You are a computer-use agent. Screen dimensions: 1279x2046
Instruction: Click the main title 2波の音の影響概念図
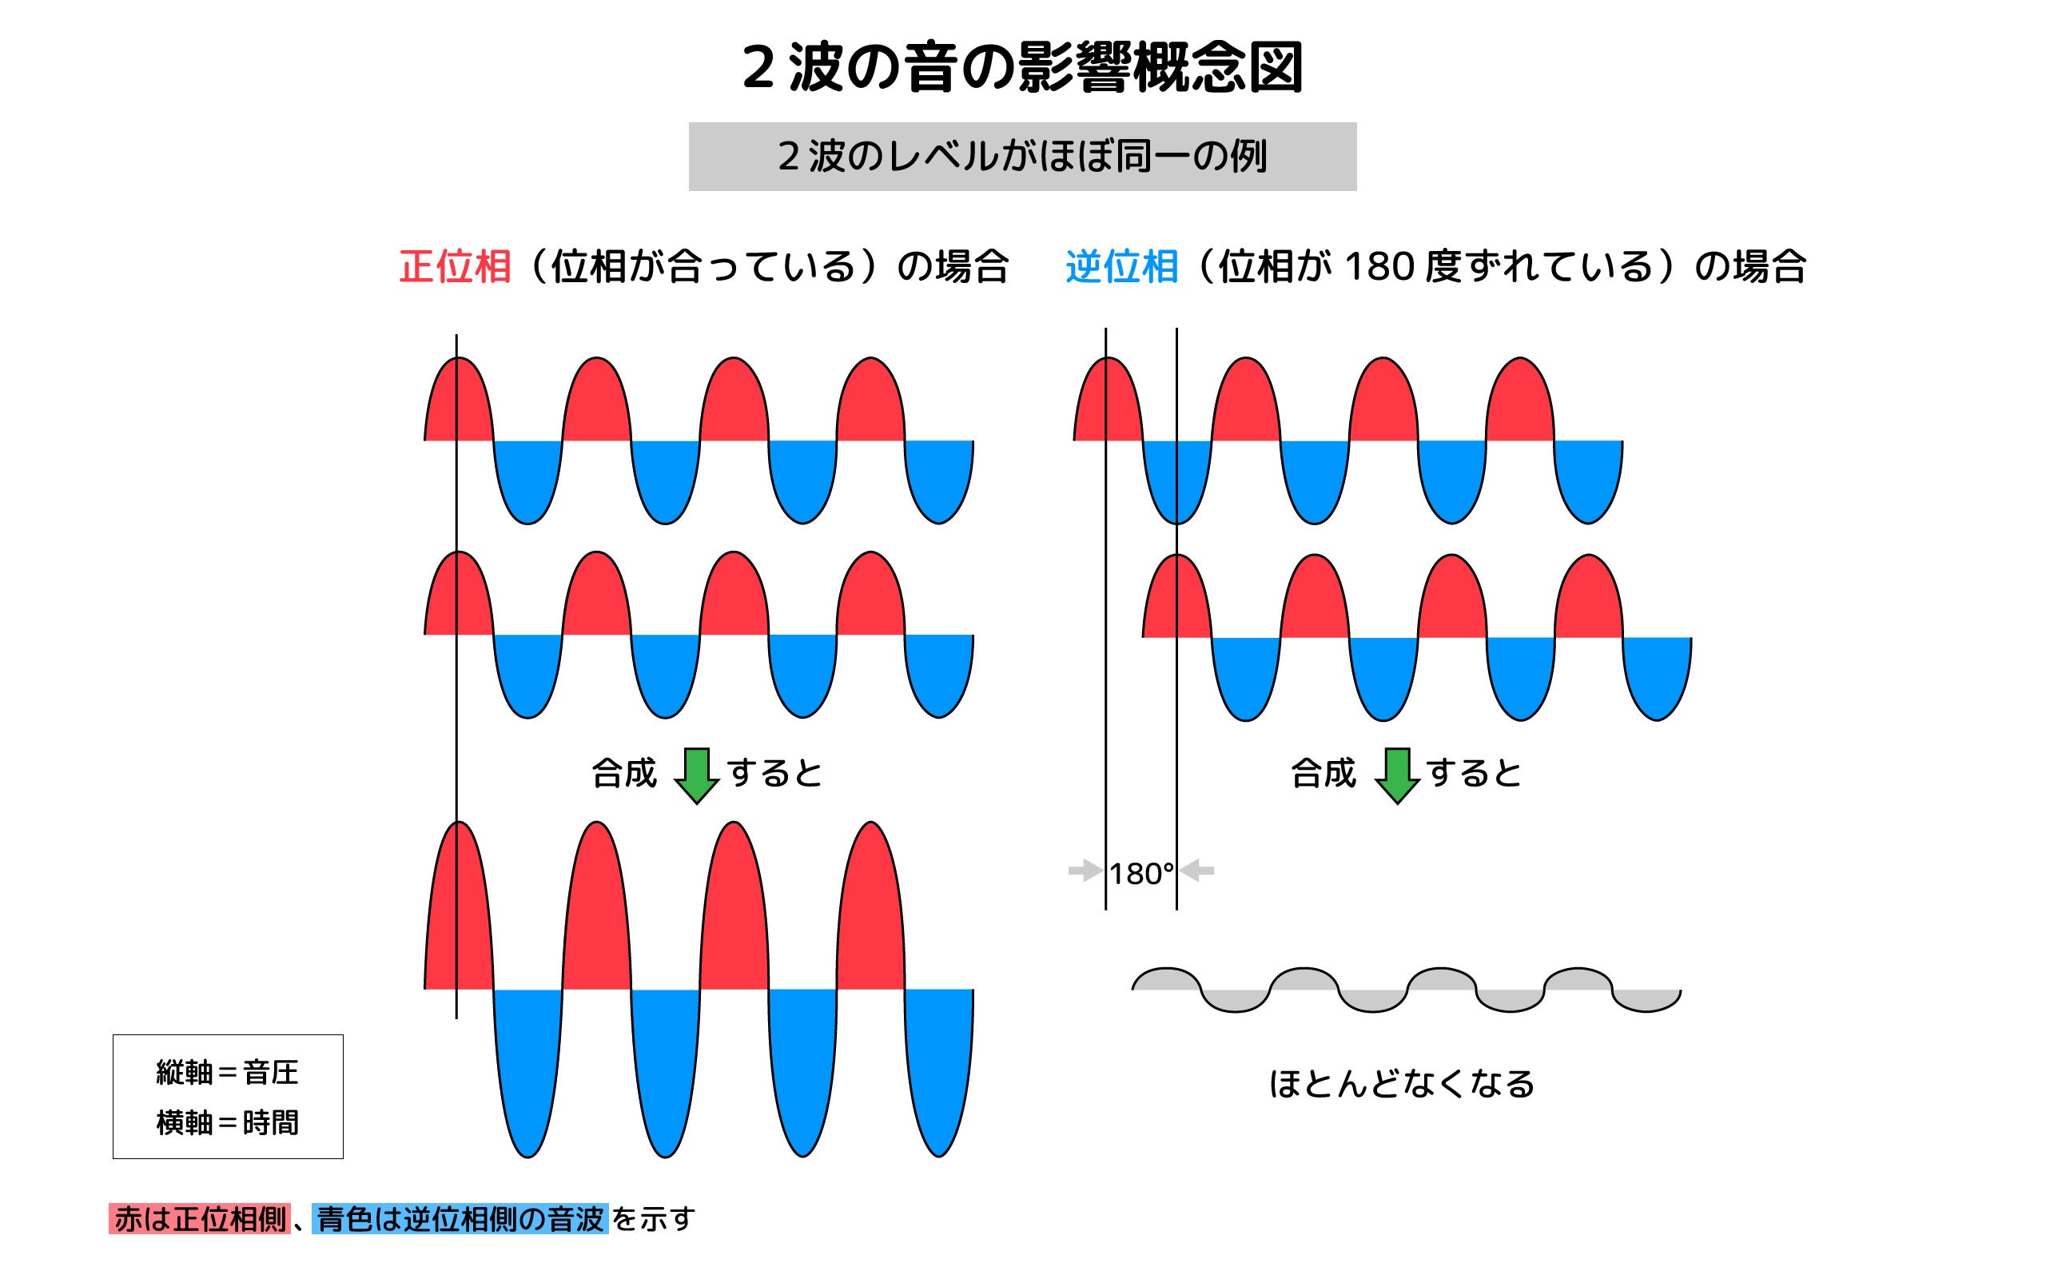tap(1022, 68)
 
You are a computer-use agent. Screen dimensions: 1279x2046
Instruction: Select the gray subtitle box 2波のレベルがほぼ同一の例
tap(1022, 157)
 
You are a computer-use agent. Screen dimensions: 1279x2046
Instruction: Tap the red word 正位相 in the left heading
tap(455, 266)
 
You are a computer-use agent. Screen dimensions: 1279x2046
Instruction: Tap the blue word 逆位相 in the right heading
tap(1121, 266)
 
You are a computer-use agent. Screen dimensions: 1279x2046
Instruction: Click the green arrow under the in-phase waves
tap(697, 774)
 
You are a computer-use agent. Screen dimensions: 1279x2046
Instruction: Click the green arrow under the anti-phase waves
tap(1397, 774)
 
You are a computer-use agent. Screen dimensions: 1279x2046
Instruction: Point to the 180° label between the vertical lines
tap(1141, 874)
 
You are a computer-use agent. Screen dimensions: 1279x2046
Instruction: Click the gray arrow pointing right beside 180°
tap(1085, 871)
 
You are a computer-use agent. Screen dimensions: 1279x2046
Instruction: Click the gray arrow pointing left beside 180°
tap(1198, 871)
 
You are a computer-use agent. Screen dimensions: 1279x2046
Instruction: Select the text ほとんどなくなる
tap(1401, 1085)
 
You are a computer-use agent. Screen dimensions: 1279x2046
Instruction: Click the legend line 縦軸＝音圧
tap(228, 1073)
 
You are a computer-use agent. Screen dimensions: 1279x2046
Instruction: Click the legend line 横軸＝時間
tap(228, 1122)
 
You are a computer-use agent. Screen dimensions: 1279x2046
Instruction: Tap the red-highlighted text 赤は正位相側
tap(200, 1219)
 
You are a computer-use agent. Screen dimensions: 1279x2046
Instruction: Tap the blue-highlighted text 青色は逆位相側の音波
tap(460, 1219)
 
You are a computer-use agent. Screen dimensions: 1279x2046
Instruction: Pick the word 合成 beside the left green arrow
tap(624, 773)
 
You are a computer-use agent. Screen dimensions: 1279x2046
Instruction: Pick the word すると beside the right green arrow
tap(1474, 773)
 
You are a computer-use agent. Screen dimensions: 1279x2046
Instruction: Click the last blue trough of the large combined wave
tap(938, 1074)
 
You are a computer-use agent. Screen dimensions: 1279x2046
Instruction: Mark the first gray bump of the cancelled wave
tap(1167, 979)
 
